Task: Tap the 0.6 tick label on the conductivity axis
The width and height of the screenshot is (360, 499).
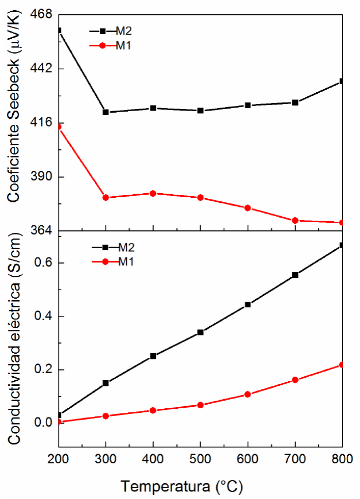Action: click(x=42, y=263)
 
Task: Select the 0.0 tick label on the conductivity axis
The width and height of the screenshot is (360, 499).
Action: click(x=42, y=423)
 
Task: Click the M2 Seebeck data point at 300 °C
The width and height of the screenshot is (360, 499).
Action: click(x=105, y=112)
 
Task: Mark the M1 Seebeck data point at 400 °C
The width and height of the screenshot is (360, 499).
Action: click(x=153, y=193)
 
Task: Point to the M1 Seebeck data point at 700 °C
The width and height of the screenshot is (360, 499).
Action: click(x=295, y=220)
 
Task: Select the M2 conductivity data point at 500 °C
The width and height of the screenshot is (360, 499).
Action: click(x=200, y=332)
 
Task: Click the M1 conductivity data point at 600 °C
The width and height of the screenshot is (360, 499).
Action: click(x=248, y=394)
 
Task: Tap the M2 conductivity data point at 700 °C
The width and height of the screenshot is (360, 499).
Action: click(x=295, y=275)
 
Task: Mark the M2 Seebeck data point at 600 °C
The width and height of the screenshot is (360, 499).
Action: click(x=248, y=105)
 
